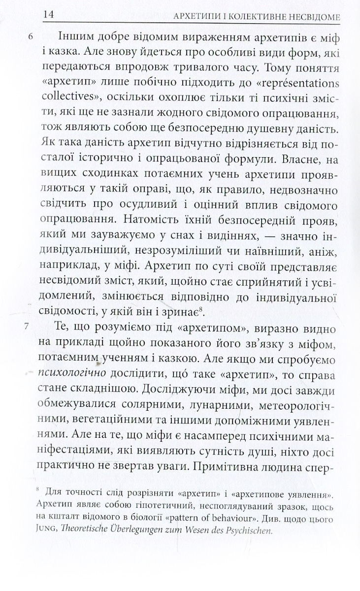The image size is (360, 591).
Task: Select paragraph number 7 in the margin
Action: tap(32, 327)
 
